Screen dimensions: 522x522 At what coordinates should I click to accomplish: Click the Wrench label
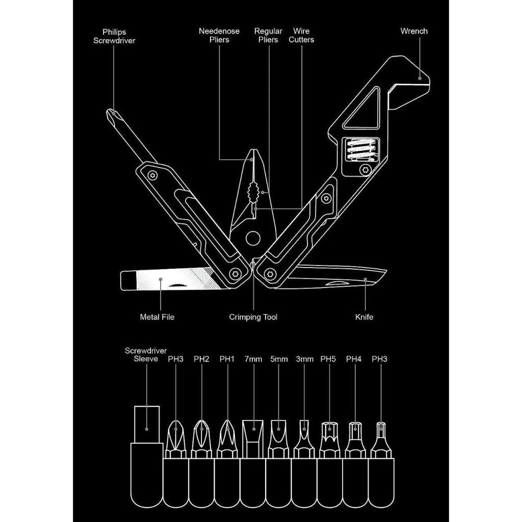click(x=414, y=31)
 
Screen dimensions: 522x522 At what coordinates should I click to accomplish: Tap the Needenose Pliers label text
click(x=219, y=36)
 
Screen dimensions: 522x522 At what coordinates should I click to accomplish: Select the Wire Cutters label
click(x=301, y=36)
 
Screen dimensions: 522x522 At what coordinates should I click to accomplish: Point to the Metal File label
click(x=157, y=317)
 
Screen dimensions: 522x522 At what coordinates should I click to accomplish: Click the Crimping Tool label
click(x=253, y=317)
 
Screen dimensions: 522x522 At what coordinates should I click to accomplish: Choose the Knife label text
click(x=364, y=317)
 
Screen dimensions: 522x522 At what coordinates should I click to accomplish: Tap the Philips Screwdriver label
click(x=114, y=36)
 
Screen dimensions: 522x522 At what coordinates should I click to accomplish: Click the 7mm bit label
click(x=253, y=359)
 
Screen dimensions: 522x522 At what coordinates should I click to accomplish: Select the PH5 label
click(x=329, y=359)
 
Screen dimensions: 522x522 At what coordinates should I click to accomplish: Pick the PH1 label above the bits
click(x=227, y=359)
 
